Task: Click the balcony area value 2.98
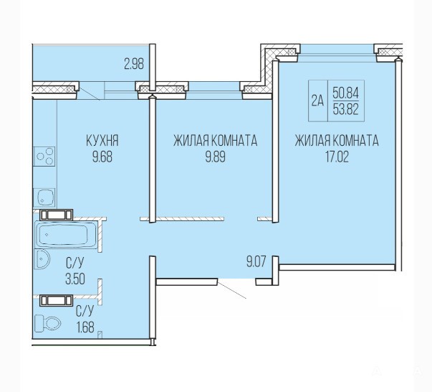134,64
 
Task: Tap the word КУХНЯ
102,141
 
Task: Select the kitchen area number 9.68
102,157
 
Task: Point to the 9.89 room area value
215,157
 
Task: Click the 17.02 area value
337,157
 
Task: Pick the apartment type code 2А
317,101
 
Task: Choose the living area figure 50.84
345,93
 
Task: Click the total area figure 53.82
345,110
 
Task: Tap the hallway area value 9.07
256,262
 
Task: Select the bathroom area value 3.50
75,279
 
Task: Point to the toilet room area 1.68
85,327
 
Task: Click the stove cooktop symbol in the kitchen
44,157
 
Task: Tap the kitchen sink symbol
44,197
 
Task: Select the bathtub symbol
67,235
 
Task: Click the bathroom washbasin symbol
42,259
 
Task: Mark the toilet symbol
47,323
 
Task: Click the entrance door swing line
231,290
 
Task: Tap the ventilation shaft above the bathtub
57,215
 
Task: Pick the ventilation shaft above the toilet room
57,300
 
